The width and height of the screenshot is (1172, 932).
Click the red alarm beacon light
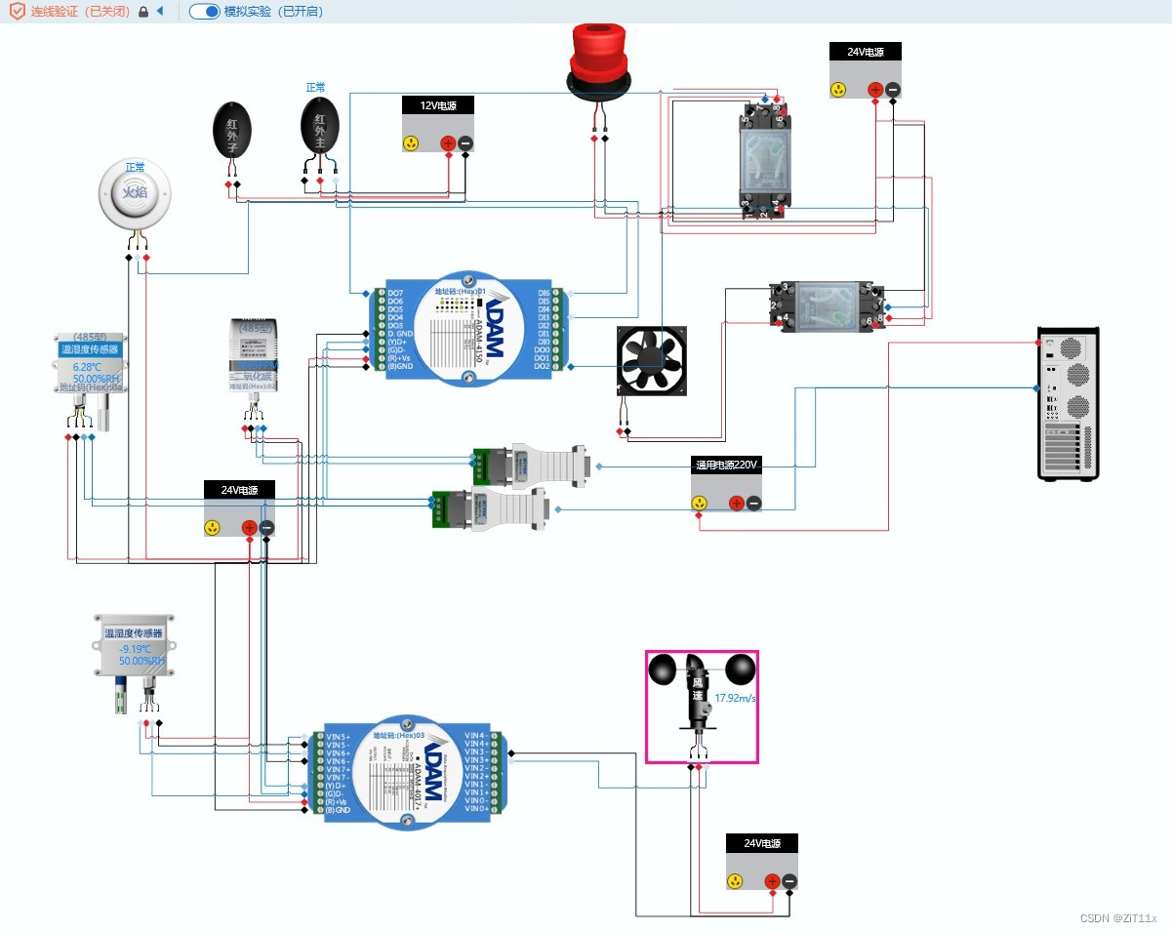601,59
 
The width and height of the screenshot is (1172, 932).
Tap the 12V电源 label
438,105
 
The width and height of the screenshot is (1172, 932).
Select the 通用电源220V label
726,465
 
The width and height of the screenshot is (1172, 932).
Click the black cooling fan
651,361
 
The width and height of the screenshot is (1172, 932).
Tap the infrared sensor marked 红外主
319,126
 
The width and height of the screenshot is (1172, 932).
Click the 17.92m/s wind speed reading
736,698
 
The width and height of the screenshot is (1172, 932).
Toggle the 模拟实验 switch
204,12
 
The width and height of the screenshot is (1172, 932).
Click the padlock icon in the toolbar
143,12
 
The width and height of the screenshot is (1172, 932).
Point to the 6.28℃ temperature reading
87,367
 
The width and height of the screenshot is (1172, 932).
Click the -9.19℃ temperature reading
135,649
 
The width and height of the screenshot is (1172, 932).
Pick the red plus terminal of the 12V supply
448,143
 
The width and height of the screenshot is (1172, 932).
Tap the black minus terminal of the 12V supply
465,143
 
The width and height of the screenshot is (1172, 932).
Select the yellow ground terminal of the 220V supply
699,504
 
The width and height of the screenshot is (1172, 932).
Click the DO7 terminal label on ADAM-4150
395,293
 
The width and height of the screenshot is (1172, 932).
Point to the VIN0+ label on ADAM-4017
476,808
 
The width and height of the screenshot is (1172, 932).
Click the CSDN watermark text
1118,918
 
